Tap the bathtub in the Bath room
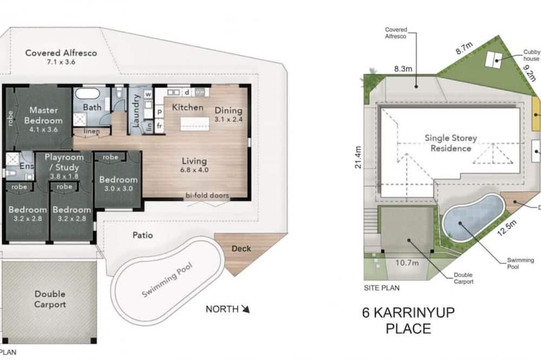point(88,94)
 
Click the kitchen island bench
point(195,124)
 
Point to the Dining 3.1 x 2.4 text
point(228,115)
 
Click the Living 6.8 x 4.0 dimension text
point(194,170)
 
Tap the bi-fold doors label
point(207,195)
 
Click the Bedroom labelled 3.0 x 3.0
point(118,183)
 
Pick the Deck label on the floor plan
point(241,248)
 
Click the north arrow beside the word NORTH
point(246,309)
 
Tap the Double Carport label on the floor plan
point(50,299)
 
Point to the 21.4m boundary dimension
point(358,157)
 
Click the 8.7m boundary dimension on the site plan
point(464,48)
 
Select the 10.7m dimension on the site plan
point(407,263)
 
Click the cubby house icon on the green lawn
point(494,59)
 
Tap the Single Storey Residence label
point(451,143)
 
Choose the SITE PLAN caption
point(381,288)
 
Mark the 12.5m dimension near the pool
point(507,228)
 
